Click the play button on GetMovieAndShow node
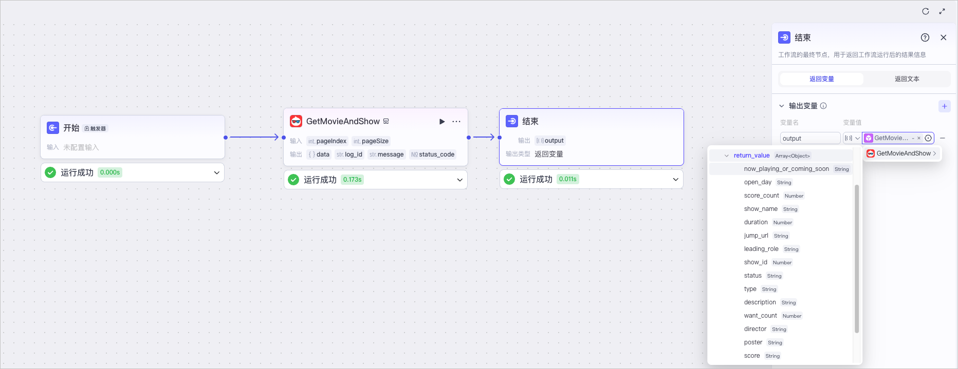(x=442, y=122)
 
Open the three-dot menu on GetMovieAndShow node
(x=456, y=122)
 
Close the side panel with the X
(x=944, y=37)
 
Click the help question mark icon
(x=925, y=37)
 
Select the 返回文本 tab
(x=907, y=79)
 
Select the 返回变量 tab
(x=822, y=79)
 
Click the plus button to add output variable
(x=945, y=106)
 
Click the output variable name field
(x=810, y=138)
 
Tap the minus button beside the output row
(x=943, y=138)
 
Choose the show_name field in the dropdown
(x=761, y=209)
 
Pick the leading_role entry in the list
(x=761, y=249)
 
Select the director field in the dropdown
(x=755, y=329)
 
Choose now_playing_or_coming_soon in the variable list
(x=786, y=169)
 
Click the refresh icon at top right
(x=926, y=11)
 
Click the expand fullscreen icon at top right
(x=942, y=11)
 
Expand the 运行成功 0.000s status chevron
(x=217, y=173)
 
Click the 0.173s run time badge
(x=352, y=180)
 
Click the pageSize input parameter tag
(x=371, y=141)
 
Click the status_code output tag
(x=433, y=154)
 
